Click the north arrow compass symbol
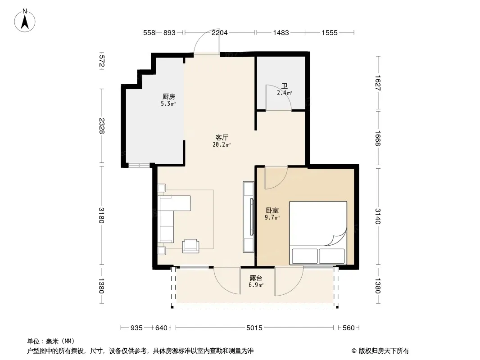tap(25, 21)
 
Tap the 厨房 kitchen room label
tap(169, 97)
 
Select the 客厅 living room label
tap(222, 137)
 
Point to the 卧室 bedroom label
tap(272, 211)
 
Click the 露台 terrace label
tap(256, 278)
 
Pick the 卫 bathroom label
tap(285, 86)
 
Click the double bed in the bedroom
tap(318, 233)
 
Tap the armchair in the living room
tap(190, 246)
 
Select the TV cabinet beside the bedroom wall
tap(248, 217)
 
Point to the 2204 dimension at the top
tap(219, 32)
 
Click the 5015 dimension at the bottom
tap(254, 328)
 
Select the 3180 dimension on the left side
tap(102, 216)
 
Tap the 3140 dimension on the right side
tap(378, 216)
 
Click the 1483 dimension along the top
tap(281, 32)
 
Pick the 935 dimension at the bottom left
tap(136, 328)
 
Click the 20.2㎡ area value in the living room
tap(222, 144)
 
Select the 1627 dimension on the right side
tap(378, 83)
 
